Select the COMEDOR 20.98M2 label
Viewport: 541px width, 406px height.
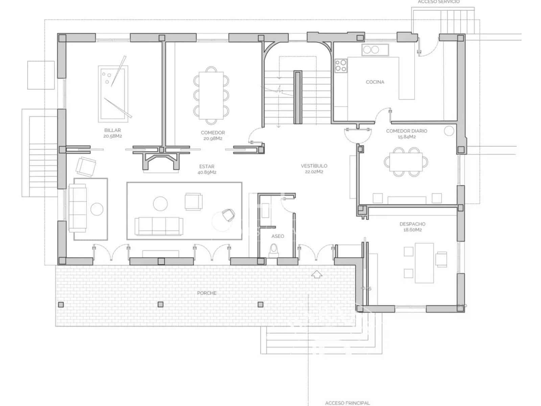coord(213,135)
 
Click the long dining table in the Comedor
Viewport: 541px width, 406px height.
coord(211,95)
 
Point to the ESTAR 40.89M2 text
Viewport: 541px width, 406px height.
coord(207,169)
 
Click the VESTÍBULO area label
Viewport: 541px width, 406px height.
coord(314,168)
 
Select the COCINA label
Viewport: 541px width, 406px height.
coord(375,82)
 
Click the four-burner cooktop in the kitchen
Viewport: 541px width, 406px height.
coord(341,66)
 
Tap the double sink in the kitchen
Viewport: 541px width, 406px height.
coord(371,50)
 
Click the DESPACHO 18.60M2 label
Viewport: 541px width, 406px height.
coord(413,227)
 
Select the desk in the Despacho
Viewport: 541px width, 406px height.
coord(424,263)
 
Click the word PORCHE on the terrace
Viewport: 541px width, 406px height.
coord(207,293)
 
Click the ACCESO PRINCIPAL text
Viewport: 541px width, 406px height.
coord(347,403)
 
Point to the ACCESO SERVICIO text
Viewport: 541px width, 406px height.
coord(439,2)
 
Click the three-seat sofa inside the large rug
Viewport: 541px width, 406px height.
coord(159,226)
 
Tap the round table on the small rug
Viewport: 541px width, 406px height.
coord(97,209)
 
